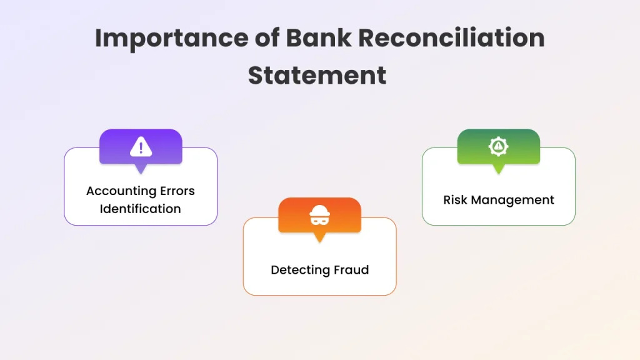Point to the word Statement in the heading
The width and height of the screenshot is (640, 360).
tap(317, 76)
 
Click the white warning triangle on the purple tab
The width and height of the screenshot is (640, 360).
tap(141, 147)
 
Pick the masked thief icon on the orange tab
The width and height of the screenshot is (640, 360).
tap(319, 216)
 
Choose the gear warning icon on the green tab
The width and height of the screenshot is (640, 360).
tap(498, 147)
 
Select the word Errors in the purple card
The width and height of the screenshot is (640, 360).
tap(176, 191)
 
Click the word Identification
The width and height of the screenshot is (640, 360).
tap(141, 209)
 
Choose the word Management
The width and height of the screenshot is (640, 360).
tap(515, 200)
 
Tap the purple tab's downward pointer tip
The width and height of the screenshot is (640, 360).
tap(141, 172)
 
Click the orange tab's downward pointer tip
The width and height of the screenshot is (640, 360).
tap(319, 241)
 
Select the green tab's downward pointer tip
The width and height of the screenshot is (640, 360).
tap(498, 172)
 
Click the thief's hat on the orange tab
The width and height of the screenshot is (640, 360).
tap(319, 210)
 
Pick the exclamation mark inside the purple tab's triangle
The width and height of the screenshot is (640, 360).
tap(141, 148)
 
